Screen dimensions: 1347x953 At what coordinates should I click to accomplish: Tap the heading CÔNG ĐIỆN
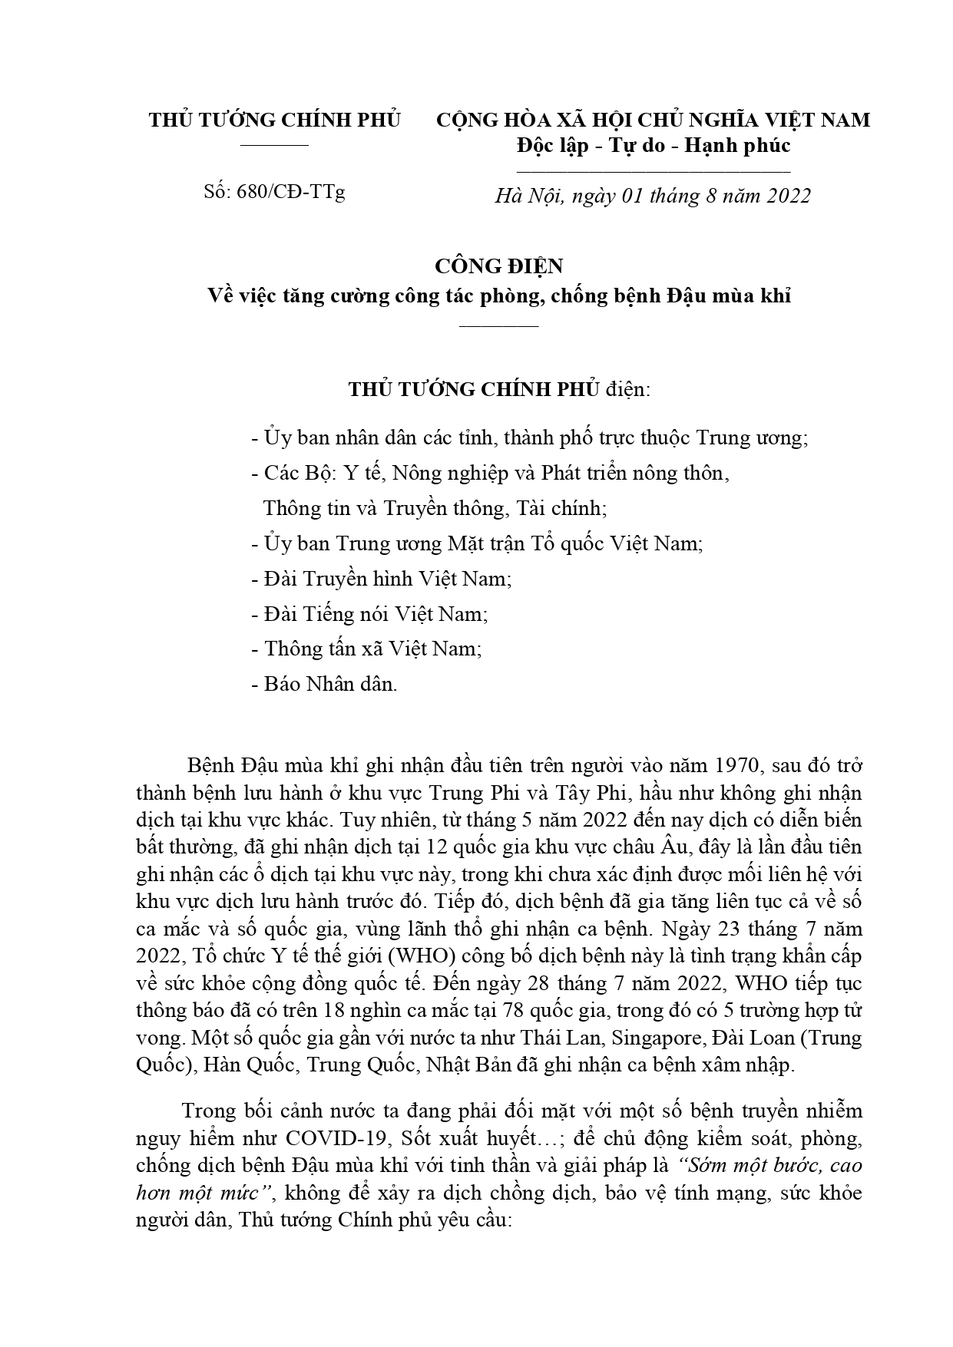(498, 266)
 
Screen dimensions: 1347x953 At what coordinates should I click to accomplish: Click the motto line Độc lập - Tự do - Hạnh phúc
(654, 144)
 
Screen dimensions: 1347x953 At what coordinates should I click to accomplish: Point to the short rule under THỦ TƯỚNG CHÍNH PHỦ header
(274, 145)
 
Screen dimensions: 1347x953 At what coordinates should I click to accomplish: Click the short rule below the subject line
(498, 326)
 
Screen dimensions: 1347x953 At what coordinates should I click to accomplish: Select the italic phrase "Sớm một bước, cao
(770, 1165)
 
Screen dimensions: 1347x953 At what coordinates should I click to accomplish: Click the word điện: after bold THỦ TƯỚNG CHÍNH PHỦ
(627, 389)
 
